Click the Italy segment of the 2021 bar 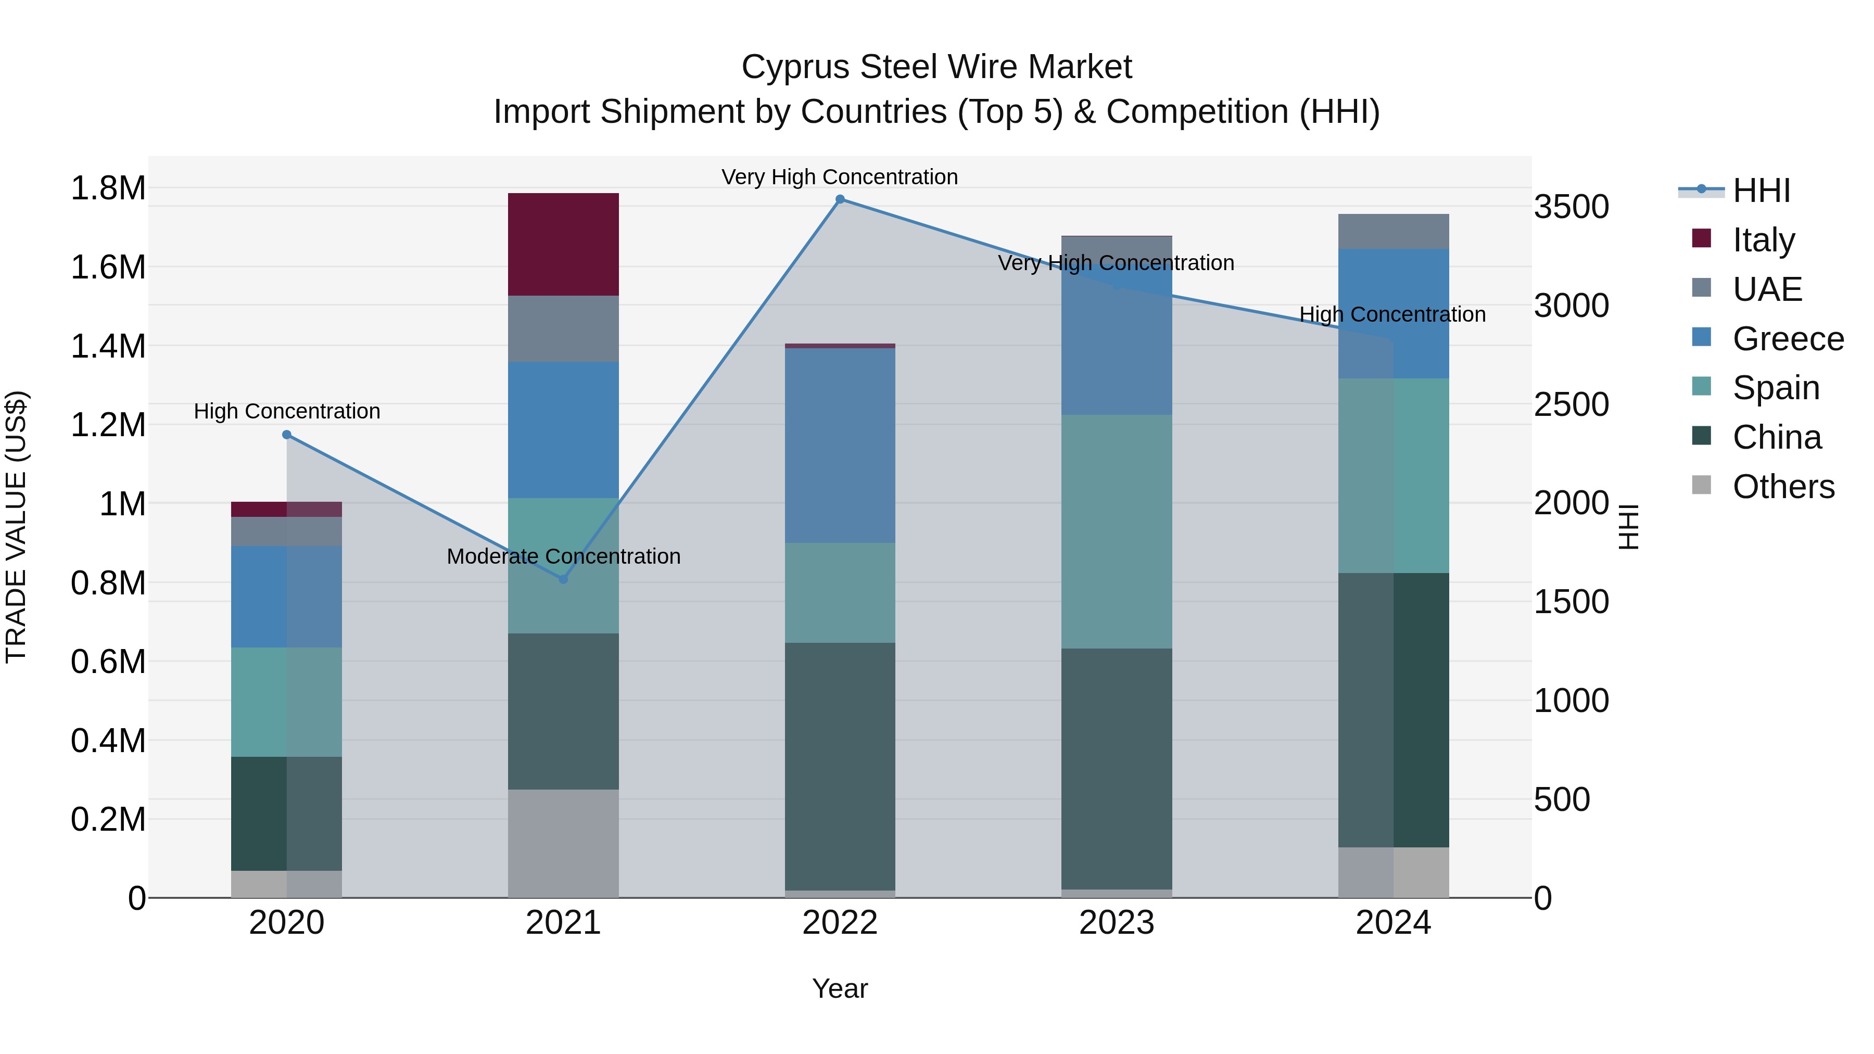[563, 245]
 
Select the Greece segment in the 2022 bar [840, 445]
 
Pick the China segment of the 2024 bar [1393, 709]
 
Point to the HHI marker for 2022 [840, 199]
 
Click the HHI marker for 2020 [287, 435]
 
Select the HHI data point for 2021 [563, 579]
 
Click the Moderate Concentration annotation [563, 556]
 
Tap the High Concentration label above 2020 [287, 412]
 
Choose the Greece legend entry [1788, 339]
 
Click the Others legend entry [1782, 487]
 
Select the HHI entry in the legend [1761, 191]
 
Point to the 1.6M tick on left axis [108, 267]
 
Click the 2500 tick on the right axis [1572, 404]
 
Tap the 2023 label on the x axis [1116, 923]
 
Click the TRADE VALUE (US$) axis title [16, 527]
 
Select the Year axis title [840, 988]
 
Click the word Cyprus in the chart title [796, 67]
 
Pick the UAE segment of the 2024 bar [1393, 231]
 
